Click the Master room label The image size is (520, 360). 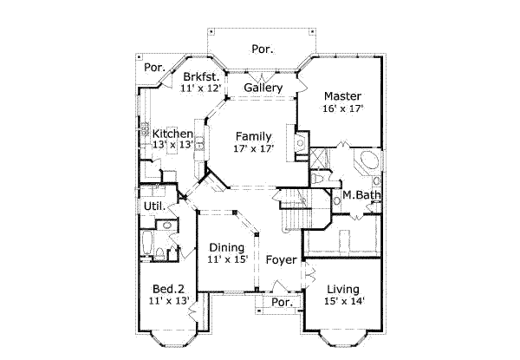(342, 96)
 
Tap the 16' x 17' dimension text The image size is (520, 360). (343, 108)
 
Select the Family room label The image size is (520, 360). (254, 136)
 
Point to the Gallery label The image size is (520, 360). (263, 88)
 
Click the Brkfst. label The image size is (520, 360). (201, 77)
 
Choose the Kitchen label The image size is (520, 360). (172, 134)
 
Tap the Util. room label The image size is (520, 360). (154, 206)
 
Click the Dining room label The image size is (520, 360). (227, 247)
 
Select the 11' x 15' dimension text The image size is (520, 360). (228, 259)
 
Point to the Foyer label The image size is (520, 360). (281, 259)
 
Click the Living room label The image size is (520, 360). (343, 290)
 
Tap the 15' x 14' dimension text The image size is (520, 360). (344, 301)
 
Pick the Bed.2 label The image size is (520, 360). (168, 289)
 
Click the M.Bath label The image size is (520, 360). (361, 195)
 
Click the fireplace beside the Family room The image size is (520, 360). (301, 142)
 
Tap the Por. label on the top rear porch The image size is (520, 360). (263, 49)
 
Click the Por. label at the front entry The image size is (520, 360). (283, 302)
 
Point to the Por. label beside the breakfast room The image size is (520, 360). (154, 68)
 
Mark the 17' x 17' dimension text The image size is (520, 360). (254, 148)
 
